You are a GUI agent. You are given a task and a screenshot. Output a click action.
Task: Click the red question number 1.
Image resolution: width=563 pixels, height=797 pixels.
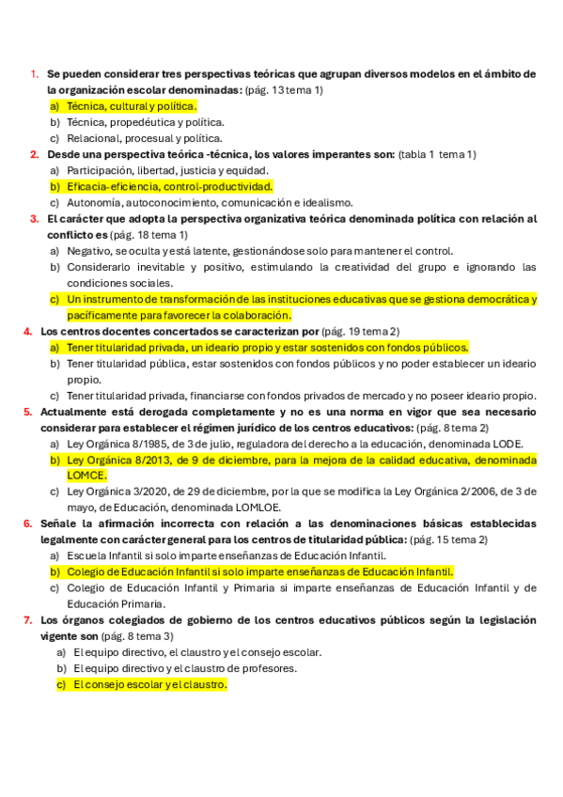[33, 74]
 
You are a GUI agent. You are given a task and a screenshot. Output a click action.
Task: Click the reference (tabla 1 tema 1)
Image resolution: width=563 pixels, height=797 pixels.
[437, 154]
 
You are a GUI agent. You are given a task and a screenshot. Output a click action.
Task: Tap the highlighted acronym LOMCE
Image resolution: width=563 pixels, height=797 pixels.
[86, 476]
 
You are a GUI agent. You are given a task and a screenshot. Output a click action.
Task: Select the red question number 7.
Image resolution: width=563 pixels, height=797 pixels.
[28, 620]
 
